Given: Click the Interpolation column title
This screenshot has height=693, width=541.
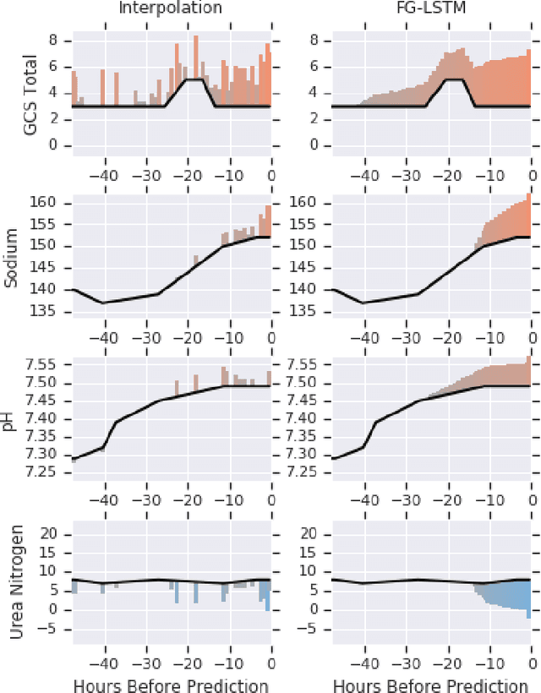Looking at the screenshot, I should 172,9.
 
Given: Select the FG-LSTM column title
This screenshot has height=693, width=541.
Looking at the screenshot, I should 432,9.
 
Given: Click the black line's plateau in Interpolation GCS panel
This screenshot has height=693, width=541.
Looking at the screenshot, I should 195,79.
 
